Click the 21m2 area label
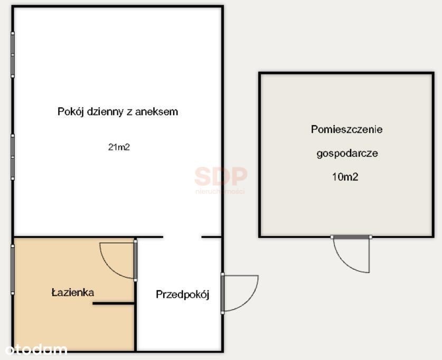tap(119, 147)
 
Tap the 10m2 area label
tap(345, 177)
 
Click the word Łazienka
tap(73, 292)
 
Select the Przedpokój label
tap(183, 295)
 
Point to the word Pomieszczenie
tap(347, 129)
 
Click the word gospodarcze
tap(347, 154)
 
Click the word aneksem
tap(156, 112)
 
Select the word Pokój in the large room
tap(71, 112)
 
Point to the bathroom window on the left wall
tap(12, 270)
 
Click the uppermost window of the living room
tap(13, 55)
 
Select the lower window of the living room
tap(13, 157)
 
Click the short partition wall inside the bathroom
tap(114, 304)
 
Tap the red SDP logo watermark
tap(221, 176)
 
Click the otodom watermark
tap(36, 349)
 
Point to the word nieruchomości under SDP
tap(220, 192)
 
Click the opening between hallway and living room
tap(182, 237)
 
